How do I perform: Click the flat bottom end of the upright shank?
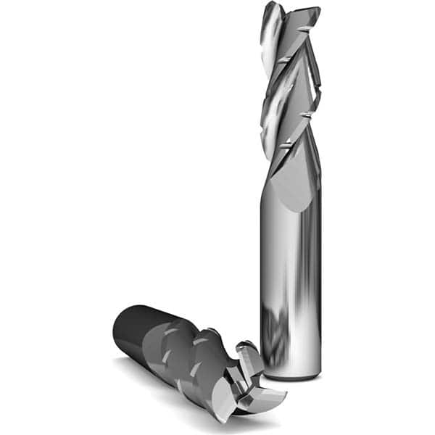[290, 376]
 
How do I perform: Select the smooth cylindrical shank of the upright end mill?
[290, 275]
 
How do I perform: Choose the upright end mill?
[290, 217]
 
